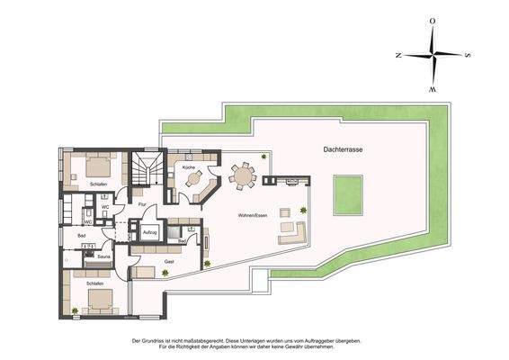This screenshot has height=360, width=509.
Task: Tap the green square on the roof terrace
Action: (x=348, y=194)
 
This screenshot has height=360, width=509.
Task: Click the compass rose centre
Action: (x=433, y=54)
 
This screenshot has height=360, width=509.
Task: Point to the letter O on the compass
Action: (x=433, y=20)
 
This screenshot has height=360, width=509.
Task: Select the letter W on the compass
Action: (x=433, y=90)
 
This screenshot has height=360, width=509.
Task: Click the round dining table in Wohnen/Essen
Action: (x=241, y=177)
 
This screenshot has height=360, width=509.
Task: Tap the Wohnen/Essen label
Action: (x=252, y=216)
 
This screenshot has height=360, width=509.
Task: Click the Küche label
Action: (x=189, y=167)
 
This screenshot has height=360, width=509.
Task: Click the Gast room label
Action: (x=169, y=261)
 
